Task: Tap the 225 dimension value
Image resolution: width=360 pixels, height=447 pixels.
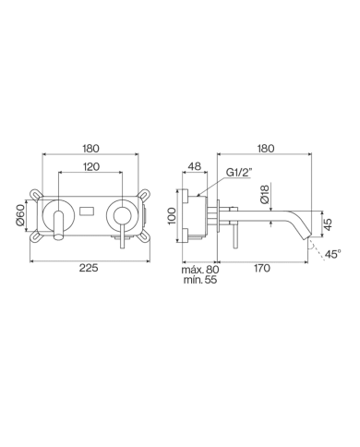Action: tap(89, 269)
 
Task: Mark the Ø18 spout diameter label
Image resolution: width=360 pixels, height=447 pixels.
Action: tap(265, 195)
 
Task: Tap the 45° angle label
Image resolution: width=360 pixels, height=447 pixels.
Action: tap(332, 251)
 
